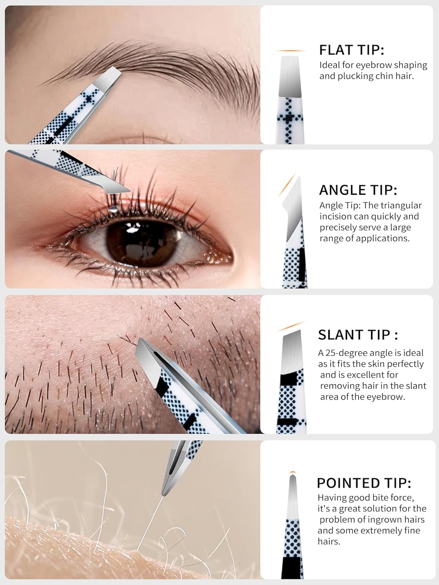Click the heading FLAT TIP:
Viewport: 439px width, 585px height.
tap(352, 50)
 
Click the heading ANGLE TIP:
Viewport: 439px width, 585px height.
tap(358, 190)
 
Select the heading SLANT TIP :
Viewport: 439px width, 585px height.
tap(358, 335)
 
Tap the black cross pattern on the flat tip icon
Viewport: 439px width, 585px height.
tap(289, 117)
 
